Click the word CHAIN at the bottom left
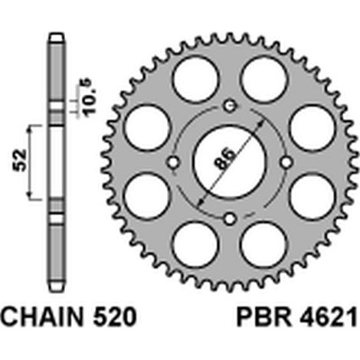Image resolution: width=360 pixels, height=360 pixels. tap(42, 317)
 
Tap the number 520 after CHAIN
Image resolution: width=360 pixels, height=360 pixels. tap(114, 317)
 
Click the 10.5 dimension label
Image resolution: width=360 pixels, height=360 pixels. tap(90, 98)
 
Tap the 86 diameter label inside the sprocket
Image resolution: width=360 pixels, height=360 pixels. tap(224, 159)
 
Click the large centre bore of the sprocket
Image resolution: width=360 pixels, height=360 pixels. tap(229, 162)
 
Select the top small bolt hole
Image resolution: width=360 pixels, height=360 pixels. tap(230, 106)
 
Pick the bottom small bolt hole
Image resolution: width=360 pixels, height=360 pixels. tap(230, 218)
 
